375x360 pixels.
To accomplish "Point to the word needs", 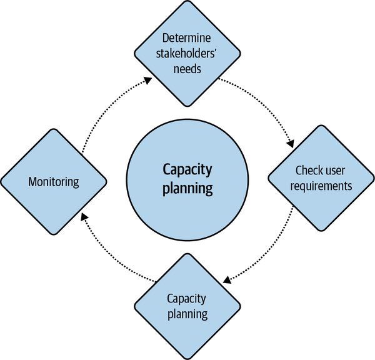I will pos(188,69).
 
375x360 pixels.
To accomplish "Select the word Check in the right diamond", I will pos(309,171).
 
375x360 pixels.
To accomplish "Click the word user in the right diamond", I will pos(338,171).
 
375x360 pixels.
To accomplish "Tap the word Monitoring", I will pos(54,182).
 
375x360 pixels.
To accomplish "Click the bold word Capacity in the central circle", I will pos(187,169).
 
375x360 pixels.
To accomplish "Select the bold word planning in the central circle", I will pos(187,187).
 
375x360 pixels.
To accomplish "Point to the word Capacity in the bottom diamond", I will pos(188,298).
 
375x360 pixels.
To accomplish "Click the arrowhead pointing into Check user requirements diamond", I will pos(290,143).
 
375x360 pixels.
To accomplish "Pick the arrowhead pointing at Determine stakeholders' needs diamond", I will pos(148,79).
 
